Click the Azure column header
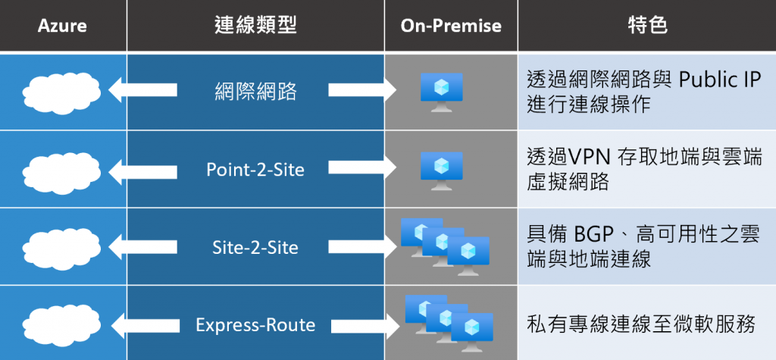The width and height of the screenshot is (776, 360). (62, 26)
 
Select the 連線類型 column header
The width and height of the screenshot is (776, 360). (255, 26)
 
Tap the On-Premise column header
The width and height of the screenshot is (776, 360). (451, 26)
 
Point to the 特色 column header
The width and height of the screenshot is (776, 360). (647, 26)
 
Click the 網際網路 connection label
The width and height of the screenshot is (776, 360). (255, 92)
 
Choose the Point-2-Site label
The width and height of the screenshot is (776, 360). (255, 170)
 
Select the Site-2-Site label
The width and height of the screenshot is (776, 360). (255, 248)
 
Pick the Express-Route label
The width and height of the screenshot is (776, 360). (255, 325)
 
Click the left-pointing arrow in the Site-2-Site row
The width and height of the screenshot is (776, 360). (144, 248)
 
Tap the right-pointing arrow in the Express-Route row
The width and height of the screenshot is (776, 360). (362, 325)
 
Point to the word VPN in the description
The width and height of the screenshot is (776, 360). (590, 157)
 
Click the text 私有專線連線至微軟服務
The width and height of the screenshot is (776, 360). (641, 325)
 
